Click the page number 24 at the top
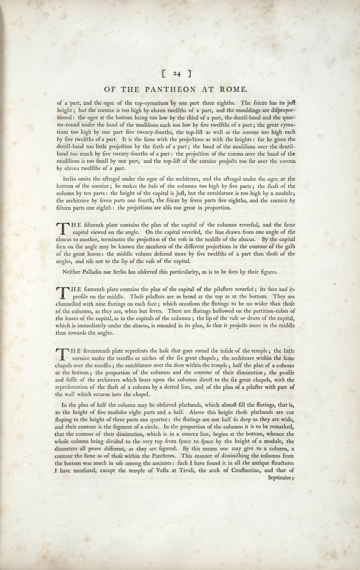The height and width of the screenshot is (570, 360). coord(177,74)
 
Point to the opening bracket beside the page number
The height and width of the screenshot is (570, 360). coord(164,74)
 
